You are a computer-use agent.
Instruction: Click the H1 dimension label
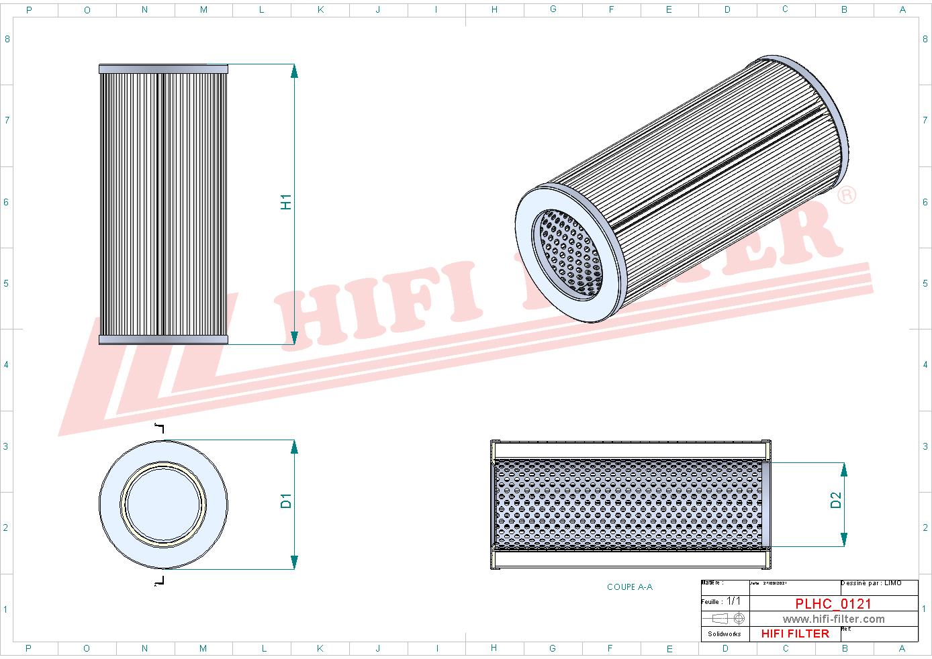(x=286, y=202)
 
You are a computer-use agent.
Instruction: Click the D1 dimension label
(x=286, y=501)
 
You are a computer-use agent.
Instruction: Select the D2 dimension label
(x=835, y=500)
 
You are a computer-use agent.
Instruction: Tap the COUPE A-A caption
(x=629, y=587)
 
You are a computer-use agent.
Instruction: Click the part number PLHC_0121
(x=833, y=603)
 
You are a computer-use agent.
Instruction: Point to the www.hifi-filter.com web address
(x=833, y=619)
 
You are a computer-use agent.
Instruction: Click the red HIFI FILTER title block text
(x=795, y=633)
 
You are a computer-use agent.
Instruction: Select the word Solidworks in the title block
(x=725, y=633)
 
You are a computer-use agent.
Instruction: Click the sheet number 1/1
(x=733, y=601)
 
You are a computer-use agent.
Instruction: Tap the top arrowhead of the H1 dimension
(x=294, y=71)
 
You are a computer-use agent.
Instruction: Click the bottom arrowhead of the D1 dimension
(x=294, y=562)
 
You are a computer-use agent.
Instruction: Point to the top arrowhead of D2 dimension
(x=844, y=469)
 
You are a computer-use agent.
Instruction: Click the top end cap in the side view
(x=163, y=69)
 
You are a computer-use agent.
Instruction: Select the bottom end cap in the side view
(x=163, y=340)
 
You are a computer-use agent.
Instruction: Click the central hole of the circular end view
(x=163, y=503)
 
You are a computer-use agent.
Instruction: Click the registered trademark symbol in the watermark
(x=847, y=195)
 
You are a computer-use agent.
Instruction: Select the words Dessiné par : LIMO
(x=871, y=583)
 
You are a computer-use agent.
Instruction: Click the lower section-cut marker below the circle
(x=160, y=580)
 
